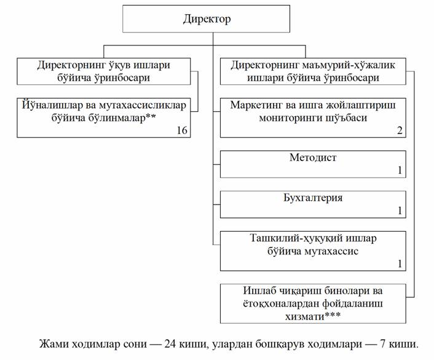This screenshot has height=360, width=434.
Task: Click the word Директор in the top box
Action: tap(207, 19)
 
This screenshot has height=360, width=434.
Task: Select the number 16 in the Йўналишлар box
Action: tap(182, 130)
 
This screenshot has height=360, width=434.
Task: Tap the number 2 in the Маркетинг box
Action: tap(400, 130)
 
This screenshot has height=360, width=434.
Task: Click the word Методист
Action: tap(313, 157)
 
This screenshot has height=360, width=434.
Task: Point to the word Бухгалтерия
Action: tap(313, 198)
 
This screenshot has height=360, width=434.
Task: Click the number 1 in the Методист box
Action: tap(400, 170)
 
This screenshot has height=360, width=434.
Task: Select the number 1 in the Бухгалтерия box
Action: tap(400, 211)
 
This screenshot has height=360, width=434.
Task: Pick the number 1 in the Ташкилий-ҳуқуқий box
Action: tap(400, 264)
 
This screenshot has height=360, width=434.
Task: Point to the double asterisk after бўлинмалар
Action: tap(151, 117)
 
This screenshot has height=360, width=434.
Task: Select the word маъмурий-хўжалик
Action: tap(349, 65)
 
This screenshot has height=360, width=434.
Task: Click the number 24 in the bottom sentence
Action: tap(170, 344)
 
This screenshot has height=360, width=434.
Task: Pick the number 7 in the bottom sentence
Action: tap(383, 344)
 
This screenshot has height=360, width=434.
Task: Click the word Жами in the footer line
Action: tap(54, 344)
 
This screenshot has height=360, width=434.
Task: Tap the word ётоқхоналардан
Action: tap(280, 303)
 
